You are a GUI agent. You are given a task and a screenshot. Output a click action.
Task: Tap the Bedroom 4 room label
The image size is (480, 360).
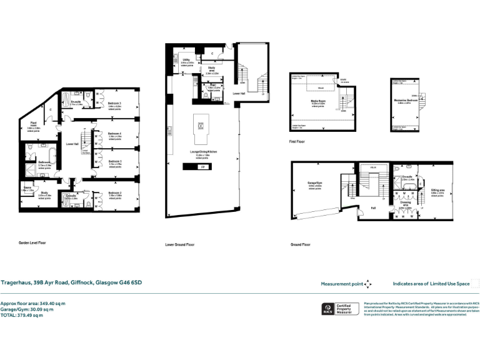114,133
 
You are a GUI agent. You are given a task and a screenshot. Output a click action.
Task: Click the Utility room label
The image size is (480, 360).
186,60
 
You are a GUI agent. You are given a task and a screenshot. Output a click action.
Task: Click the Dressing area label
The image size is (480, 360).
405,202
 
